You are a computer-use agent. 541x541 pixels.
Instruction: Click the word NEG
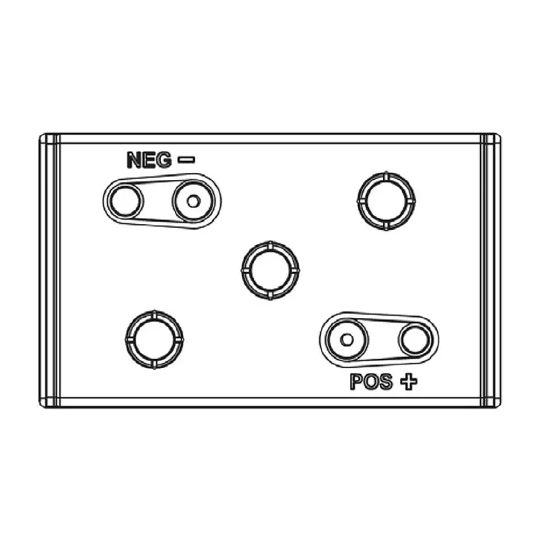tap(149, 159)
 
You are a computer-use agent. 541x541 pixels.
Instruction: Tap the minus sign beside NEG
tap(186, 159)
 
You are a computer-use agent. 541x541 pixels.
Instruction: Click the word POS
tap(372, 382)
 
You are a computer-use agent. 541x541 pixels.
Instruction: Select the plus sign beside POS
tap(409, 382)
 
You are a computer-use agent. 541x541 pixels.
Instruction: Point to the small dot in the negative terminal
tap(193, 201)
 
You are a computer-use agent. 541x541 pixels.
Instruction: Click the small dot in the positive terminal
tap(347, 340)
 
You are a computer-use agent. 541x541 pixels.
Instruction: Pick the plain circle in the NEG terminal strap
tap(125, 201)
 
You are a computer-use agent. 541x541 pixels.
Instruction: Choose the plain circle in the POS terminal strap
tap(416, 340)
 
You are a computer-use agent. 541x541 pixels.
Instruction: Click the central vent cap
tap(270, 270)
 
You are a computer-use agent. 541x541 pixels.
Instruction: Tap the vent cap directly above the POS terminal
tap(387, 201)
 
